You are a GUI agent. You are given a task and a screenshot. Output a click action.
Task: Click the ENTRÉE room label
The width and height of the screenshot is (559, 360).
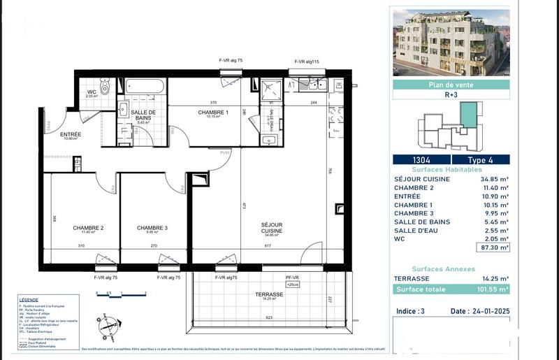coord(71,135)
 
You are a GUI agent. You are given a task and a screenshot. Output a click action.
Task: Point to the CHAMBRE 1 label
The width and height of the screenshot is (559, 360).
coord(212,113)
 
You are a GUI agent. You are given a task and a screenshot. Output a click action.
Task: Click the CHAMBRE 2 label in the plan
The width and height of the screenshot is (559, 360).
coord(88,229)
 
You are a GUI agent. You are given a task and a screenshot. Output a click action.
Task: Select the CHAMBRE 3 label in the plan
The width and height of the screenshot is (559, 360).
coord(152,229)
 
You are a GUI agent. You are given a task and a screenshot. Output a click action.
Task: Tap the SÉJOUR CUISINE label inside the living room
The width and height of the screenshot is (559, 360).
coord(271,228)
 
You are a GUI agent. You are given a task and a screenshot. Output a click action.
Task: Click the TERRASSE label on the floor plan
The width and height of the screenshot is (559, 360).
coord(269,295)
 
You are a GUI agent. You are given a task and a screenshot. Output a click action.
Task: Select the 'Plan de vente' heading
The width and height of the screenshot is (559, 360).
coord(451,85)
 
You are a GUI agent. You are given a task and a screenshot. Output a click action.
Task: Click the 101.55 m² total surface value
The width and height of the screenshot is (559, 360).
coord(492,288)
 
